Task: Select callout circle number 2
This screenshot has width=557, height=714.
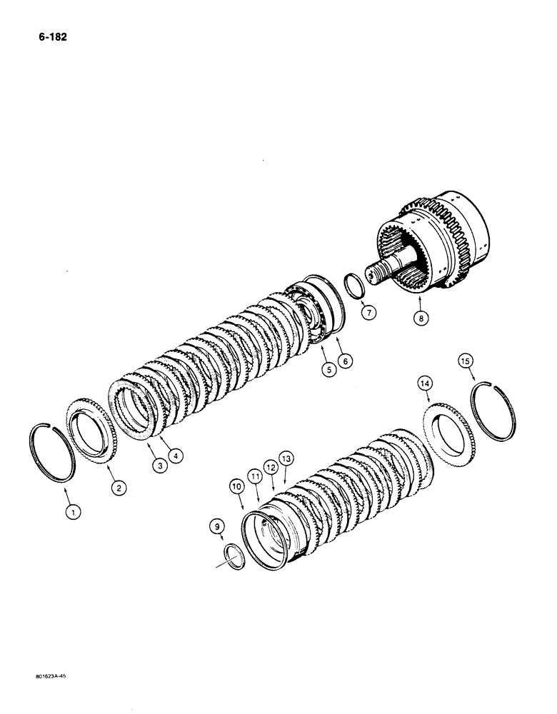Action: point(118,489)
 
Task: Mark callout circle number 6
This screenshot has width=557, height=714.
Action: point(346,361)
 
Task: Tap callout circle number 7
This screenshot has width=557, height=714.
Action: point(368,313)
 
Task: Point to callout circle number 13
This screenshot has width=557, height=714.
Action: point(286,457)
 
